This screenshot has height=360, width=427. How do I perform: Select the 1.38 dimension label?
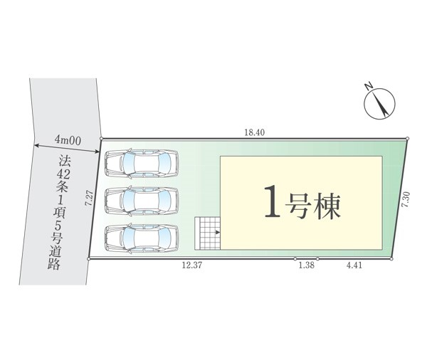(x=307, y=266)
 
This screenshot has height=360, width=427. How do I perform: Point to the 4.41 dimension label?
(x=354, y=266)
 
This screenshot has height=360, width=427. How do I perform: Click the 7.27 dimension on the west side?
(x=88, y=198)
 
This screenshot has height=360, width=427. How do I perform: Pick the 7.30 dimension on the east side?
(x=405, y=198)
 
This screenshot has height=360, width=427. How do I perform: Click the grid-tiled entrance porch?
(x=209, y=233)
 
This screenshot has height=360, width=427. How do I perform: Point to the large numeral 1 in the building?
(x=271, y=202)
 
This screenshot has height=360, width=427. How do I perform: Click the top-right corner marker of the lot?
(x=407, y=138)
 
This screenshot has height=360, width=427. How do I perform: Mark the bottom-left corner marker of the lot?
(x=89, y=260)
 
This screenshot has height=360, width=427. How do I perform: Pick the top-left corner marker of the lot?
(x=102, y=139)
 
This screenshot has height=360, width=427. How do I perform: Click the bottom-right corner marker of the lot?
(x=391, y=259)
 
